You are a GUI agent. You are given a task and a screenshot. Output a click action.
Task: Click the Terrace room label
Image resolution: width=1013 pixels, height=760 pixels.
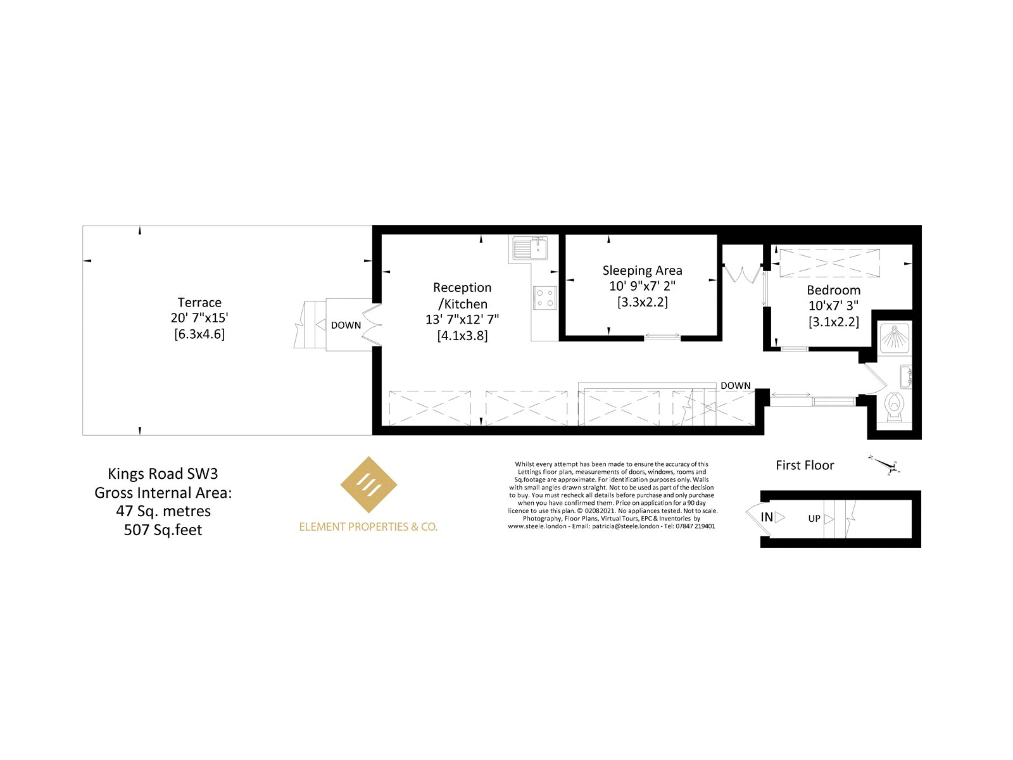(x=199, y=302)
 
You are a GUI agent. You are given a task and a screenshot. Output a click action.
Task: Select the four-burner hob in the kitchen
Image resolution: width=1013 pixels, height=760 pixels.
(x=545, y=298)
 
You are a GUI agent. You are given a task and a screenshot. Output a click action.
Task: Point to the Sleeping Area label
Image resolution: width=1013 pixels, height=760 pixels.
(x=642, y=270)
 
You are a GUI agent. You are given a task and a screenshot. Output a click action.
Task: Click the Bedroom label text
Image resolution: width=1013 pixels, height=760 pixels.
(x=833, y=290)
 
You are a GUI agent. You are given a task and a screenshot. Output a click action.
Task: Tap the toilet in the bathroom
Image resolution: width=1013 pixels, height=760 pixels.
(x=894, y=407)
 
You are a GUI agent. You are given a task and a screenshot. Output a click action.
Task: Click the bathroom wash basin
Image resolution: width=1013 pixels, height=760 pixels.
(x=905, y=376)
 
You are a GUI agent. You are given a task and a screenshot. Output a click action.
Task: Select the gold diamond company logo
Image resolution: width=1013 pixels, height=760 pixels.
(x=368, y=484)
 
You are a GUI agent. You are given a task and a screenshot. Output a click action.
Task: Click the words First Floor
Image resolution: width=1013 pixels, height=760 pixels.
(x=805, y=465)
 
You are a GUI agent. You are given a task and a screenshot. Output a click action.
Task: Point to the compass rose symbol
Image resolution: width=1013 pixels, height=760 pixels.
(x=886, y=465)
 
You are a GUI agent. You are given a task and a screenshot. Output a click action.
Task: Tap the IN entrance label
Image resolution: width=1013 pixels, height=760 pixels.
(x=767, y=517)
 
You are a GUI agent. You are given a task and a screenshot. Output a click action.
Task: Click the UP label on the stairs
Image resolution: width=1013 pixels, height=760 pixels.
(x=814, y=519)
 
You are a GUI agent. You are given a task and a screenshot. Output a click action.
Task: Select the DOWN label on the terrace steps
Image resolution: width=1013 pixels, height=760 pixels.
(x=346, y=326)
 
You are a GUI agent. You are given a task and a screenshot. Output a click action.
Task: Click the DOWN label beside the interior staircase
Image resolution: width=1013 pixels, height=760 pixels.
(x=736, y=385)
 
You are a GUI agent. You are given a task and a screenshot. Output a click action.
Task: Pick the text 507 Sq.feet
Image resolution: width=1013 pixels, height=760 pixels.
(x=163, y=529)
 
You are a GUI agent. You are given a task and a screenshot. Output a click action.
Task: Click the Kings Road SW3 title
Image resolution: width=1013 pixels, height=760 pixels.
(x=163, y=474)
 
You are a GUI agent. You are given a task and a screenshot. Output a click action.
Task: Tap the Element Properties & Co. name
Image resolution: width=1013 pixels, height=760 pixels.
(x=368, y=526)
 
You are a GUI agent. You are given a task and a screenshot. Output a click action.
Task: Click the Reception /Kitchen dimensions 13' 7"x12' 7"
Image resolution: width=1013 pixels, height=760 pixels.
(x=462, y=319)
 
